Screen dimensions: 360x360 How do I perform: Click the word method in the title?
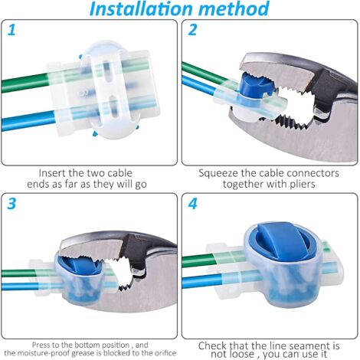tap(234, 8)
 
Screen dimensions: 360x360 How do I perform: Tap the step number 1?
tap(11, 30)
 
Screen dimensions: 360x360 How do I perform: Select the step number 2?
tap(192, 30)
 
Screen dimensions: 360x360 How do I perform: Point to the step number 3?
tap(11, 204)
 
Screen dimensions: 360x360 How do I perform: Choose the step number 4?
tap(193, 204)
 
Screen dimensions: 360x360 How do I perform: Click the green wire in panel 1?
tap(25, 83)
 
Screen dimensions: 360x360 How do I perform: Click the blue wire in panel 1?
tap(28, 121)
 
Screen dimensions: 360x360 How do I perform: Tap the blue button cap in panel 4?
tap(282, 240)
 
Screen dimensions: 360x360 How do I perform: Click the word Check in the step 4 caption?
tap(212, 346)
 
